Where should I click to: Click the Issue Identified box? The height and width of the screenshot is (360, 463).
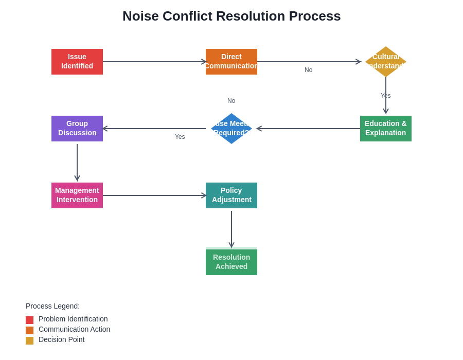click(x=77, y=62)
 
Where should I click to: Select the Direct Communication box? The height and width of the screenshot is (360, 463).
click(x=232, y=62)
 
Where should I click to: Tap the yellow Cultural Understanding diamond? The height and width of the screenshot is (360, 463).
click(x=386, y=62)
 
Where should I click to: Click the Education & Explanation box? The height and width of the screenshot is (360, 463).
click(x=386, y=129)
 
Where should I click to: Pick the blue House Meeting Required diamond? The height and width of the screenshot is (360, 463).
click(x=232, y=129)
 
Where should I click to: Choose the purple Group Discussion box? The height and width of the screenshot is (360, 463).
click(x=77, y=129)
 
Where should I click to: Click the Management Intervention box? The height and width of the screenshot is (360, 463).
click(x=77, y=195)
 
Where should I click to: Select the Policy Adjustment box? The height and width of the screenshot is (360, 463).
click(x=232, y=195)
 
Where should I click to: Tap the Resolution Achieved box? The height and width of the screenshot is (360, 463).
click(x=232, y=262)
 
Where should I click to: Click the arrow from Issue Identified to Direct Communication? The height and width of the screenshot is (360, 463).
click(x=154, y=62)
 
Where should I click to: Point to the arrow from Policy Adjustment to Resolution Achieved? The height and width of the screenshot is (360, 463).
click(x=232, y=229)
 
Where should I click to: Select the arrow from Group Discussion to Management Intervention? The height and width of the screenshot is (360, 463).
click(x=77, y=162)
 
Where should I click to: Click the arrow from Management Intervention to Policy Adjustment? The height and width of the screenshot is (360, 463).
click(x=154, y=195)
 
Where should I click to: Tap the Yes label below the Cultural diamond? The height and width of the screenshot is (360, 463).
click(x=386, y=96)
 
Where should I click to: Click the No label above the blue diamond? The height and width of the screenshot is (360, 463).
click(x=232, y=101)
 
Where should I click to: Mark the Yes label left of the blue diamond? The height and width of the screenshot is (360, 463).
click(x=180, y=137)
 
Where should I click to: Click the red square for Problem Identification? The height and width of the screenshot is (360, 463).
click(x=29, y=320)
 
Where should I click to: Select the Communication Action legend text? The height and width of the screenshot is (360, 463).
click(x=74, y=329)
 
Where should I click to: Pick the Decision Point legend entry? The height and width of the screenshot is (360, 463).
click(x=61, y=339)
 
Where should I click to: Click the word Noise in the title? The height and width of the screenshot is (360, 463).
click(x=140, y=16)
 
